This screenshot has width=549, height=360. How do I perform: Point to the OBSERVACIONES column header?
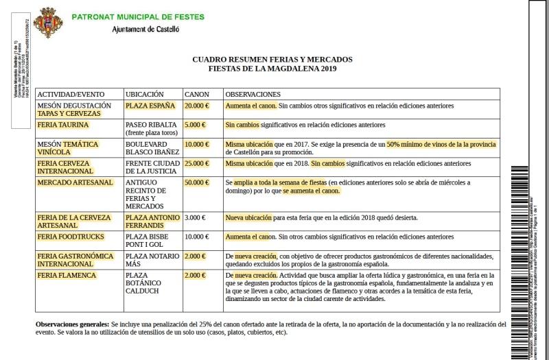(253, 94)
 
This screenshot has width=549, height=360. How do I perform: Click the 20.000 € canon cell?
(196, 106)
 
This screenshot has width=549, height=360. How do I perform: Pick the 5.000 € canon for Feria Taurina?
(195, 125)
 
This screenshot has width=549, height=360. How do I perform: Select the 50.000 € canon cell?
(196, 183)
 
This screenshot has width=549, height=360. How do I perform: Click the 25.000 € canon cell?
(196, 164)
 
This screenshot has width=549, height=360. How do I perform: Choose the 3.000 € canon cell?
(195, 218)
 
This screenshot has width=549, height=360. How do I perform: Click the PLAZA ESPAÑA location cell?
(150, 106)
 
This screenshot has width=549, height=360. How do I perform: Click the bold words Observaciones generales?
(71, 324)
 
